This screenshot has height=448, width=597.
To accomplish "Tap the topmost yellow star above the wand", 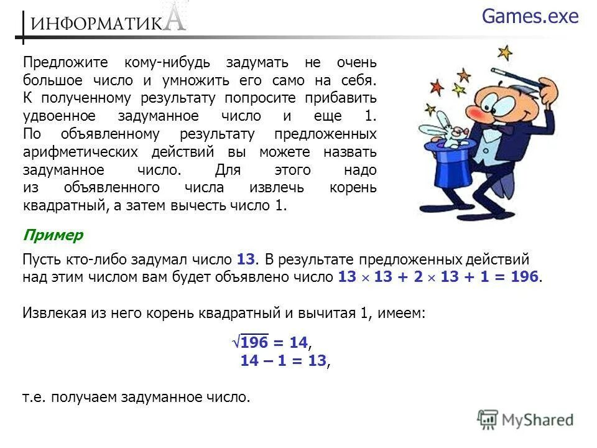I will point(505,52).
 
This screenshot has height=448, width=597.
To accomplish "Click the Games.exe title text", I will point(530,17).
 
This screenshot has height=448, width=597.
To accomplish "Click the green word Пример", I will point(53,235).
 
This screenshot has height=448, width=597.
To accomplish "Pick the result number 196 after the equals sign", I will point(525,277).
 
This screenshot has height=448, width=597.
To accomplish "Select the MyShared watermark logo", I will point(525,420).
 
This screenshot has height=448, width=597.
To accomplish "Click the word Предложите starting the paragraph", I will point(65,63).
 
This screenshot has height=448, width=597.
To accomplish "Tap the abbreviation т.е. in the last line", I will point(36,397).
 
